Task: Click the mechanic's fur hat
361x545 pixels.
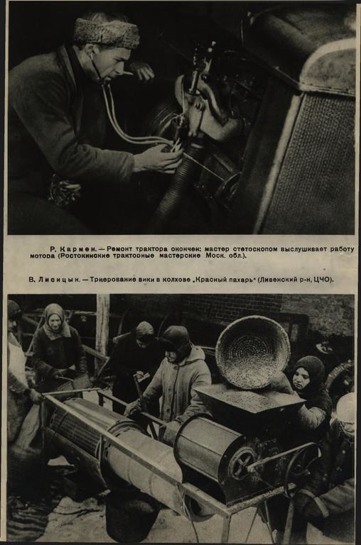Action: click(106, 33)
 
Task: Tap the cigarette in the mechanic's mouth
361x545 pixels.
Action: click(126, 73)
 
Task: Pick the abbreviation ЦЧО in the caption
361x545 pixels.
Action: click(325, 280)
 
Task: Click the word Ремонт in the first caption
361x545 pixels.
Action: click(119, 249)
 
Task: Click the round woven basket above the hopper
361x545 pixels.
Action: click(252, 352)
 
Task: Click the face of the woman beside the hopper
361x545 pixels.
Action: click(301, 379)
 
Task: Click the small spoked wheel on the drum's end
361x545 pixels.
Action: click(244, 463)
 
